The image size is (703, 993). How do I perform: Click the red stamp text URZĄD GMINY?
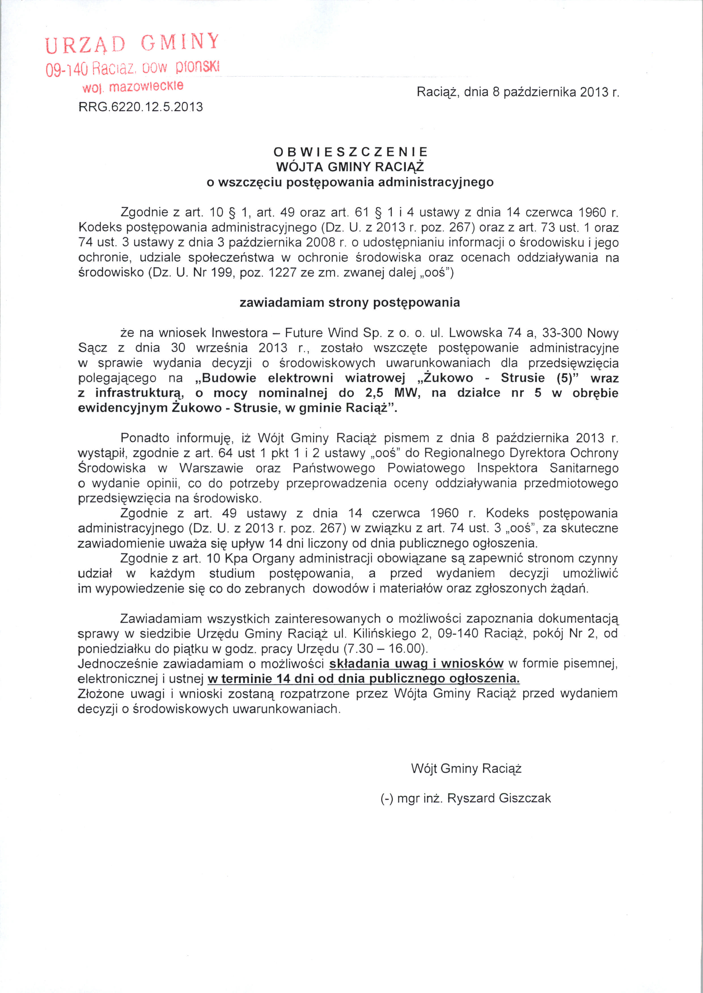(132, 43)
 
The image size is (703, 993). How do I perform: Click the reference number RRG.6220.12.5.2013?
(140, 107)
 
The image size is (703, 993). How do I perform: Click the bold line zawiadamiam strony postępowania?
(350, 302)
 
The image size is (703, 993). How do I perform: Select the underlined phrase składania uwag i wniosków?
(416, 663)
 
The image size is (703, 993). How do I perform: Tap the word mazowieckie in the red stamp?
(146, 86)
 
